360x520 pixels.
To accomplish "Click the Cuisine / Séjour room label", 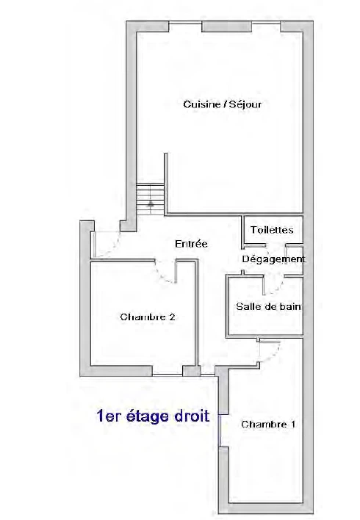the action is [223, 104].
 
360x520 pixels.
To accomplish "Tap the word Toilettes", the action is [272, 230].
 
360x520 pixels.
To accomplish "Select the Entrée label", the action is [191, 244].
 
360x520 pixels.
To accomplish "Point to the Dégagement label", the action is [273, 259].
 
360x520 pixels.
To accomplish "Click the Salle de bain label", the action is [268, 306].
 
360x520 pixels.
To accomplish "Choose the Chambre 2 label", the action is [148, 317].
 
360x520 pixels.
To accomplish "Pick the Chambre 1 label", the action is [268, 425].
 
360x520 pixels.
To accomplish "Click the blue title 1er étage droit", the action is [153, 416].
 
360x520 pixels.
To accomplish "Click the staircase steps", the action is [151, 199].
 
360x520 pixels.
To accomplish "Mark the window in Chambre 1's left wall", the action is [219, 431].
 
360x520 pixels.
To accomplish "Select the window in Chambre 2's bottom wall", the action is [168, 375].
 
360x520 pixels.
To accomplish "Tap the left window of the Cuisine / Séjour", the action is [185, 23].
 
